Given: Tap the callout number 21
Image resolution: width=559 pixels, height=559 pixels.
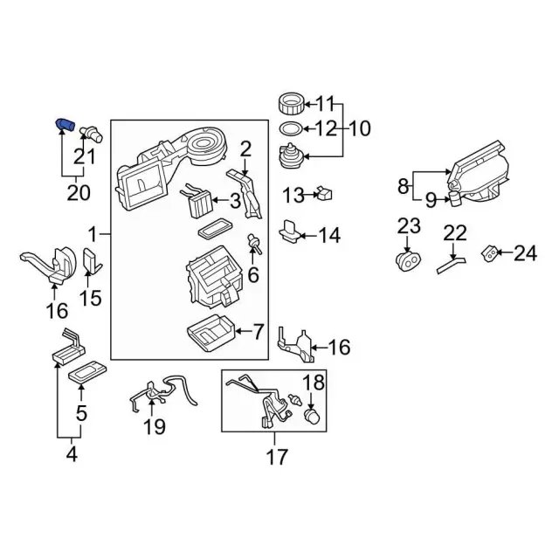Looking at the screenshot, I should (x=84, y=157).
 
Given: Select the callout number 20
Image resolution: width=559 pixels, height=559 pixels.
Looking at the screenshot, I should (x=79, y=191).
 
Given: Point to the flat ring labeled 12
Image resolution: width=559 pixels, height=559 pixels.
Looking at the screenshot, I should (x=292, y=129).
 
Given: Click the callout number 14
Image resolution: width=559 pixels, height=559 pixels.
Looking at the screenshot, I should (x=328, y=235).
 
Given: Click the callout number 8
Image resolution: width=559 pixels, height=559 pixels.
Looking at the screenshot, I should (x=403, y=186).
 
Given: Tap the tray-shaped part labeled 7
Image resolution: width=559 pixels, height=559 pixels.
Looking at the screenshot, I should (x=210, y=333).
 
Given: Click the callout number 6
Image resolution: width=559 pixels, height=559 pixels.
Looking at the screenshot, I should (x=253, y=275).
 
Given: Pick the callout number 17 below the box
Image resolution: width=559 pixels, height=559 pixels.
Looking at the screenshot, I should (x=276, y=456).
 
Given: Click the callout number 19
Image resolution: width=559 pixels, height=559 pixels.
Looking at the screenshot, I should (x=154, y=426).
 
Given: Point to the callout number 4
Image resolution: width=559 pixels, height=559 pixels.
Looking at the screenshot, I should (x=72, y=454).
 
